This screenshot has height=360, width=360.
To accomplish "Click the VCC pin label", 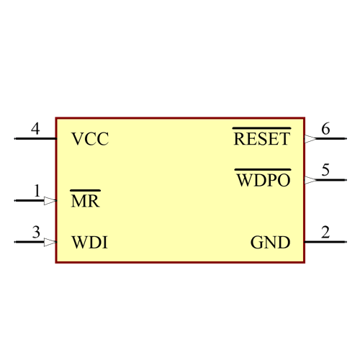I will [x=90, y=139].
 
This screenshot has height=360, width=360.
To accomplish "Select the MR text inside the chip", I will [x=85, y=201].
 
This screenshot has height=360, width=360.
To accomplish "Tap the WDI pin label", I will [x=90, y=242].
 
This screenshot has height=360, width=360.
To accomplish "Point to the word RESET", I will [x=261, y=139].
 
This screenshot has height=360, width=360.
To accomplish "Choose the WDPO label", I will [x=263, y=180].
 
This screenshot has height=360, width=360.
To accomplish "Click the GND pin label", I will [x=270, y=242].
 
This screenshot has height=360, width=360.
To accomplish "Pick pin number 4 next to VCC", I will [x=35, y=129].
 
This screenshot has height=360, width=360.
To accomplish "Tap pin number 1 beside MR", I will [x=36, y=191].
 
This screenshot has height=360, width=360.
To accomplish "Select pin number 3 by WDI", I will [x=35, y=232].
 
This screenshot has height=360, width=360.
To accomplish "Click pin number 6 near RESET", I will [x=325, y=129].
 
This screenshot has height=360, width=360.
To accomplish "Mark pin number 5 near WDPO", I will [x=325, y=170].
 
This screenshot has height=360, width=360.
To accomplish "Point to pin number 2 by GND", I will [x=325, y=232].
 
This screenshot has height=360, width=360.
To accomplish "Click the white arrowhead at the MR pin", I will [x=50, y=201].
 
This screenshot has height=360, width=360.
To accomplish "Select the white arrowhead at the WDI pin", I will [x=50, y=242].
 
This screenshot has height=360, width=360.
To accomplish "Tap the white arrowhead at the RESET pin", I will [x=310, y=139].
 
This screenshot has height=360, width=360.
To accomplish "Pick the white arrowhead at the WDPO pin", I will [x=310, y=180].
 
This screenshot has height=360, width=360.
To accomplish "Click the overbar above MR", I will [x=85, y=191].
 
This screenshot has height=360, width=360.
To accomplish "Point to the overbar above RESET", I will [x=261, y=128].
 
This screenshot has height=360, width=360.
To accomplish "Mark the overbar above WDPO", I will [x=263, y=170].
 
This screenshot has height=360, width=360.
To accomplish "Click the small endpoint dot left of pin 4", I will [x=14, y=139].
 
